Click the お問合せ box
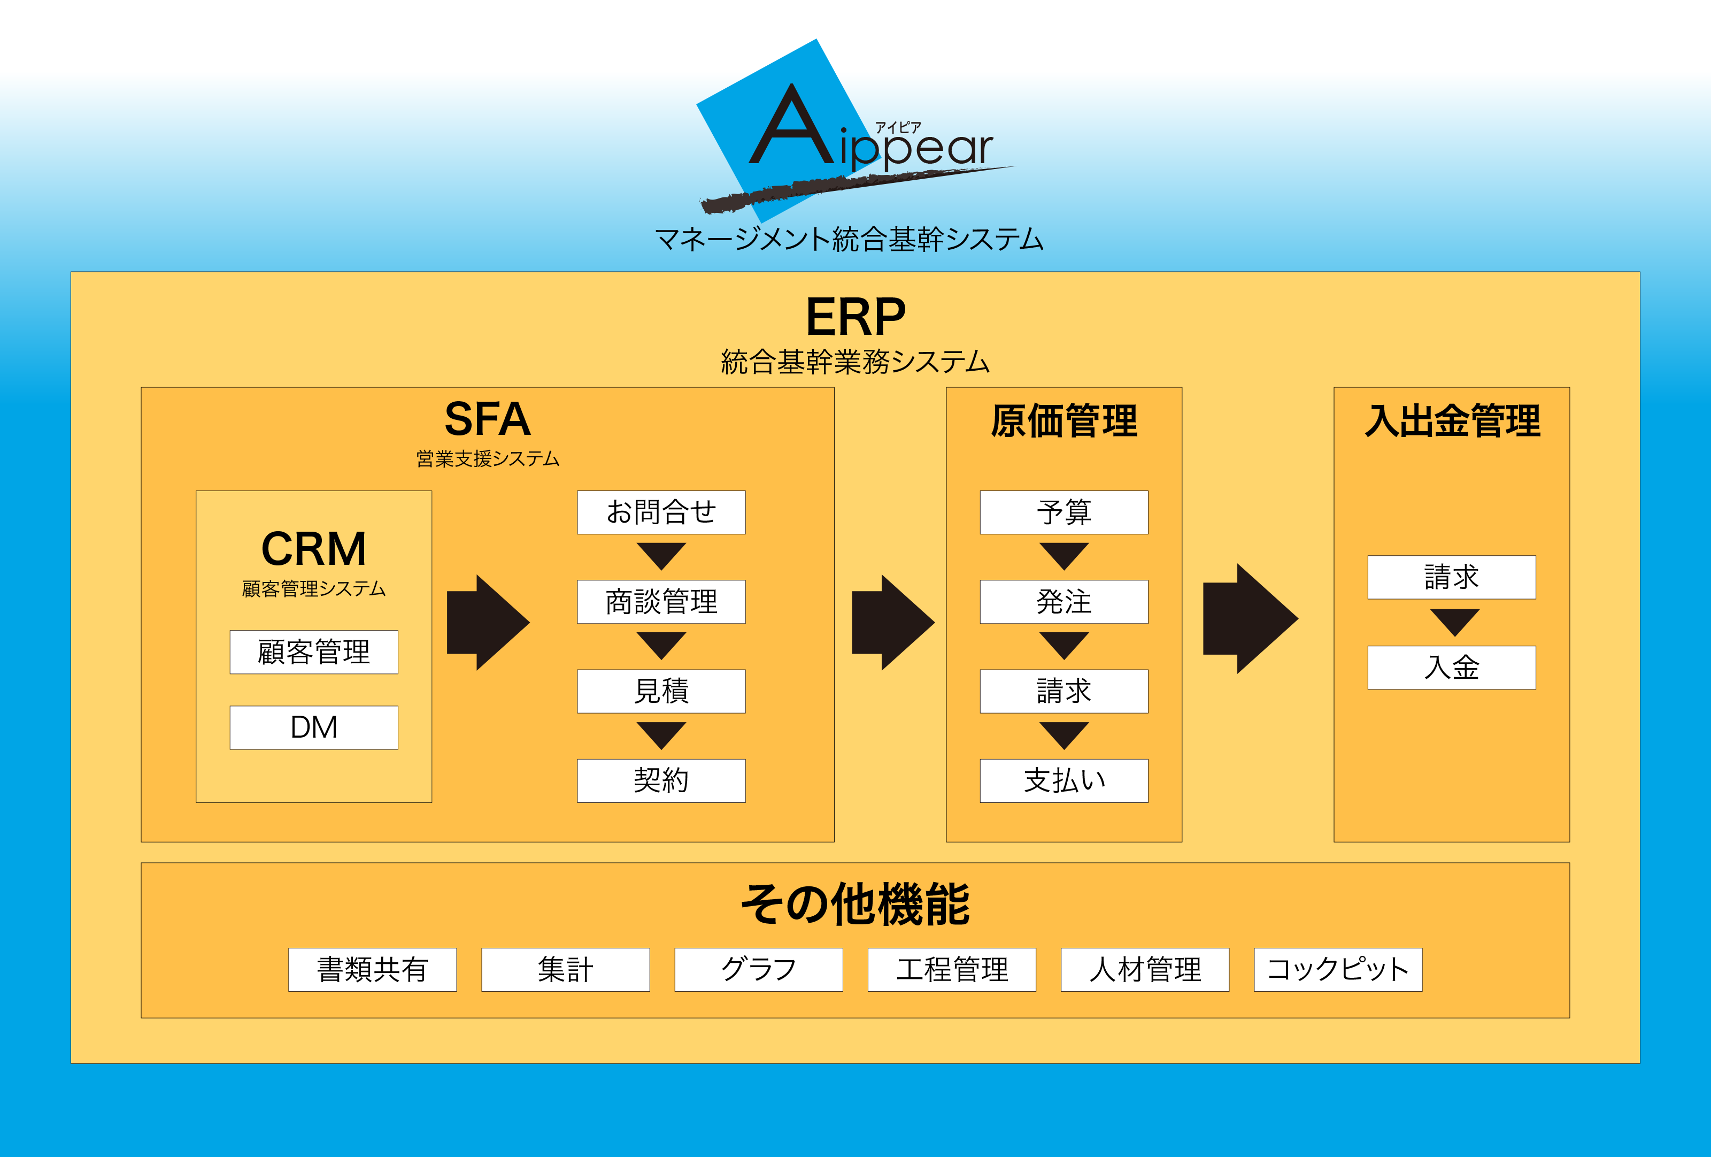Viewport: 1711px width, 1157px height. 661,512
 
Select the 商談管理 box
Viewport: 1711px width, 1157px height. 661,602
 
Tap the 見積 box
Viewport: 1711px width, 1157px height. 661,691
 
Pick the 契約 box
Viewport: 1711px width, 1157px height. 661,780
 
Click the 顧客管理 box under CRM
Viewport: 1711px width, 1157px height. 314,652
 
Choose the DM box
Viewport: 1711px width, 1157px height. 314,727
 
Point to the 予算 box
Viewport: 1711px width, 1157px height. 1064,512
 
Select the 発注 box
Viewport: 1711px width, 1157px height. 1064,602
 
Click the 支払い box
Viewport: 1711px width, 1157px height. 1064,780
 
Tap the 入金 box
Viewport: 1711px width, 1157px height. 1452,667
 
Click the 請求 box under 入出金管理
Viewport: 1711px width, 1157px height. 1452,577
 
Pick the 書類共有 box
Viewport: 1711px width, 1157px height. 373,969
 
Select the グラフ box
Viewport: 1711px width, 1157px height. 758,969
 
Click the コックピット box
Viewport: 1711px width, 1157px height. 1338,969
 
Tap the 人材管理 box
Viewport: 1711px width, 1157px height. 1145,969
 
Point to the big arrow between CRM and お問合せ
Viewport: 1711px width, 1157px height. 488,622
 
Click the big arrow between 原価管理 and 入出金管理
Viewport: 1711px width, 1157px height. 1250,619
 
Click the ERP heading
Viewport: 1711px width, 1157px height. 855,317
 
